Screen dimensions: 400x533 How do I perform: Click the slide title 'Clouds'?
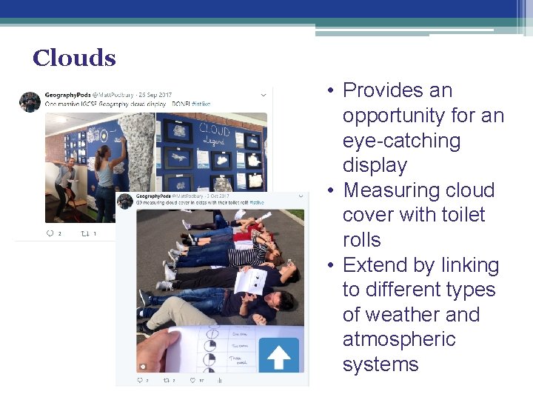(x=74, y=59)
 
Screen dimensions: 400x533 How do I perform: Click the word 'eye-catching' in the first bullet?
(x=401, y=141)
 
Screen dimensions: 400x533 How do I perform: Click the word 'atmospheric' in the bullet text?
(x=399, y=339)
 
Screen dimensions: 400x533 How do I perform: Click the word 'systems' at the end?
(x=381, y=364)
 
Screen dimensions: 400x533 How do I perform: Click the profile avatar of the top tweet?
(x=30, y=101)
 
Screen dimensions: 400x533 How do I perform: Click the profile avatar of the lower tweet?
(x=125, y=200)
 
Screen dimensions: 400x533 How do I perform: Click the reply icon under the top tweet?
(x=50, y=233)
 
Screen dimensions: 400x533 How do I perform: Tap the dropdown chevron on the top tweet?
(x=264, y=95)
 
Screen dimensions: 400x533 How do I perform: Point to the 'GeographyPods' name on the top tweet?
(x=67, y=95)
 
